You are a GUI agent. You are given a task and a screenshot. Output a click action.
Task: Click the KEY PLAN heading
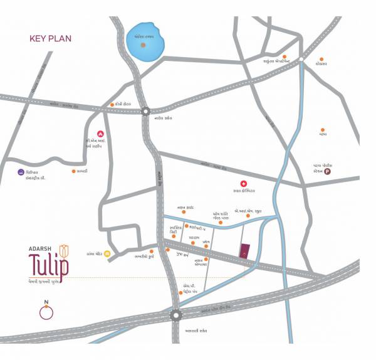[51, 39]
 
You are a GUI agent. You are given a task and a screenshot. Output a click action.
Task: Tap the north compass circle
[47, 312]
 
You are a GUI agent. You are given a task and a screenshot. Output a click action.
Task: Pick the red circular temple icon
[99, 134]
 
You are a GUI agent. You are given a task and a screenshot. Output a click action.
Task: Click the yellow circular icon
[108, 254]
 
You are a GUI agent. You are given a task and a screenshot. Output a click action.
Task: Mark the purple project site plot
[244, 251]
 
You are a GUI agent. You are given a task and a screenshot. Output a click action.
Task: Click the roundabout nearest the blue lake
[145, 111]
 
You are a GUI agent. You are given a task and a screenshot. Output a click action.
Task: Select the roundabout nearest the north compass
[175, 316]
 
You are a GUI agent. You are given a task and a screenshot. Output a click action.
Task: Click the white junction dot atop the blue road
[301, 60]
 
